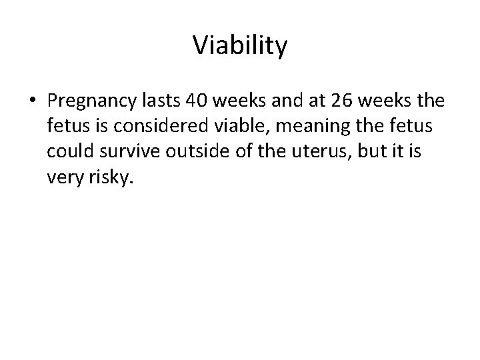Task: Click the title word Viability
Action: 240,46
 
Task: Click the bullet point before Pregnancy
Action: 33,101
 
